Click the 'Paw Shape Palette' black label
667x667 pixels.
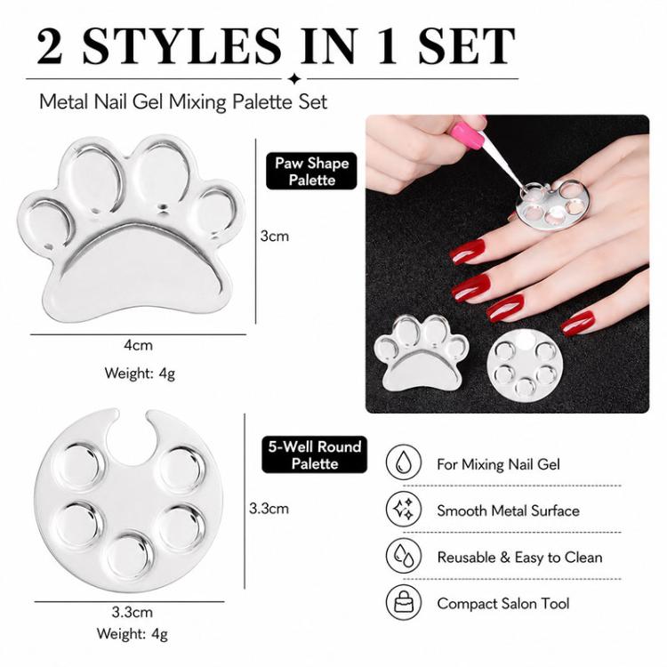pos(311,171)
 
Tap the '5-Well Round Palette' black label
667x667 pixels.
pos(314,454)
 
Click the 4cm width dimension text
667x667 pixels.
pos(138,345)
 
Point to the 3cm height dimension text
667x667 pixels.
pos(275,236)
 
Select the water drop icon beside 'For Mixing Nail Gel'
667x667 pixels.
pos(404,462)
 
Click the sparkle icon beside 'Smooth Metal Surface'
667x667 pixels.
pos(404,509)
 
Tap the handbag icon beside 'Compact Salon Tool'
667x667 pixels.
pos(404,602)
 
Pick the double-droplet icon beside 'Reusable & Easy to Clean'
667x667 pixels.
pos(404,556)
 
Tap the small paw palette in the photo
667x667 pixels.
pos(421,353)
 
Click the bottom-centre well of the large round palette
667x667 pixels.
pos(128,555)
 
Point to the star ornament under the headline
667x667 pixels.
pos(294,78)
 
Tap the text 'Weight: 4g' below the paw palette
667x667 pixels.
pos(140,374)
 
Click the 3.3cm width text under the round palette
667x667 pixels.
pos(133,613)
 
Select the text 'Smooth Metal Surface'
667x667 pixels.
pos(509,510)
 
